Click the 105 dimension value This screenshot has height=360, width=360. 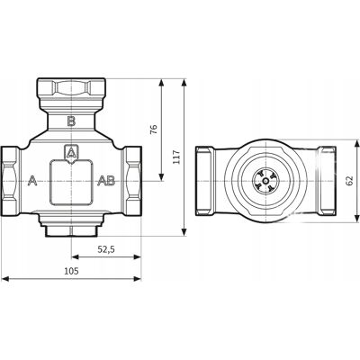click(x=71, y=271)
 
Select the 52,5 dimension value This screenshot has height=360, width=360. click(x=106, y=249)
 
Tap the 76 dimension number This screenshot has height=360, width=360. click(x=153, y=130)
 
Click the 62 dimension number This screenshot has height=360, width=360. click(x=349, y=181)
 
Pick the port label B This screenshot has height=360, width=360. click(x=71, y=121)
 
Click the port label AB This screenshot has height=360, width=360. click(x=106, y=181)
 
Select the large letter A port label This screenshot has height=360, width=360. click(x=32, y=181)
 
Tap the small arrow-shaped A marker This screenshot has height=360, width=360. click(x=71, y=154)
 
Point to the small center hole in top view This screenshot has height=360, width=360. click(x=265, y=181)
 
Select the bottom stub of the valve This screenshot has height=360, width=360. click(x=71, y=231)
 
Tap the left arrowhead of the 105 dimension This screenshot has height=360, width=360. click(x=5, y=279)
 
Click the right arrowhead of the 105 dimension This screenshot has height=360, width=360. click(x=138, y=279)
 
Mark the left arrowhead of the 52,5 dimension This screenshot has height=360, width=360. click(x=75, y=256)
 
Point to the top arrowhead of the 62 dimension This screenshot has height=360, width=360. click(x=357, y=144)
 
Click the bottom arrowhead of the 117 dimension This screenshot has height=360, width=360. click(x=184, y=232)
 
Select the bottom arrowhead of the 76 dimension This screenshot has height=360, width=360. click(x=162, y=177)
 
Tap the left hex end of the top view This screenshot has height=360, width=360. click(x=205, y=181)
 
